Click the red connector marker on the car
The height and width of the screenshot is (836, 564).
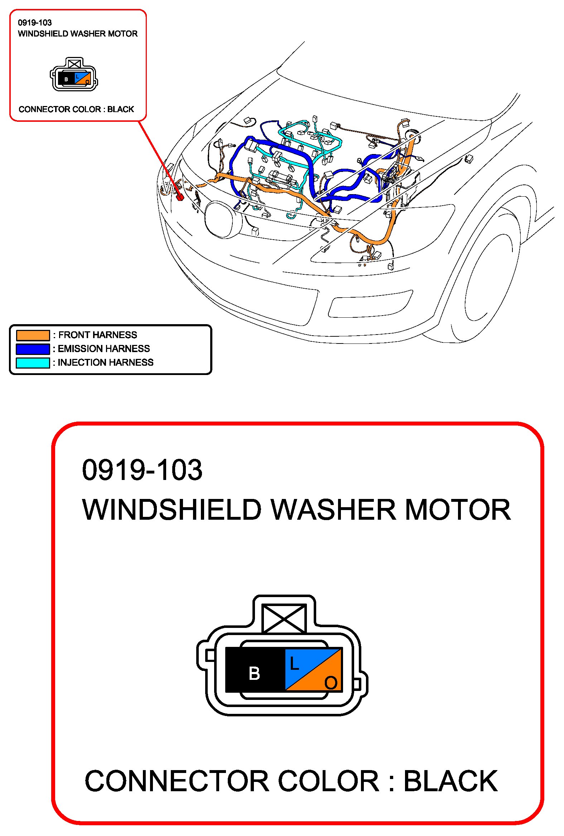(180, 197)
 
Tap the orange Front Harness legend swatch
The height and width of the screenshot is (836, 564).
(33, 335)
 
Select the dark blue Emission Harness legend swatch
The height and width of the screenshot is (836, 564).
(33, 349)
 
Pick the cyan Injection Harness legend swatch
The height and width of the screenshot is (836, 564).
(33, 362)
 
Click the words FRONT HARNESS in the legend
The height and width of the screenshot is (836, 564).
(97, 335)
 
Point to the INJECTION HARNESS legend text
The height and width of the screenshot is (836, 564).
(105, 362)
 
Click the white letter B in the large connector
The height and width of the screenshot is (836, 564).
(254, 673)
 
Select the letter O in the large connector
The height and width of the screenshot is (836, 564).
(331, 682)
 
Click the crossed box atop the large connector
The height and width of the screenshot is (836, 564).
(285, 618)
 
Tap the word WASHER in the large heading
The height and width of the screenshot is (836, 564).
(333, 510)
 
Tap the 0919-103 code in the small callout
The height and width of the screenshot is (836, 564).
(35, 23)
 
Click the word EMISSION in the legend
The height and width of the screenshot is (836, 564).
(80, 349)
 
